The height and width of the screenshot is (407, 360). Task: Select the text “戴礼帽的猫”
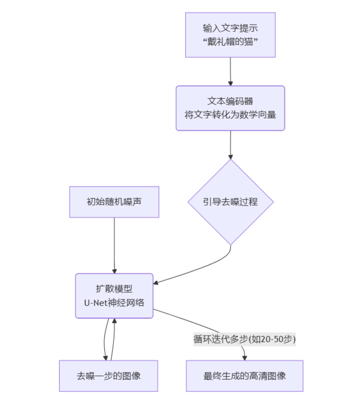tap(231, 42)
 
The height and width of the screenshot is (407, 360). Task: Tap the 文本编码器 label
tap(231, 101)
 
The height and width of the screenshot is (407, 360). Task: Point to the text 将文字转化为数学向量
tap(231, 114)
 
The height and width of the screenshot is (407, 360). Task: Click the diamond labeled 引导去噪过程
tap(231, 202)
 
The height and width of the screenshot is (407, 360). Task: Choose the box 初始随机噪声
tap(114, 202)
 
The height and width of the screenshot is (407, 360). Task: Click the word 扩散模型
tap(114, 289)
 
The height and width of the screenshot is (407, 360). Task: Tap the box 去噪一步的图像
tap(108, 376)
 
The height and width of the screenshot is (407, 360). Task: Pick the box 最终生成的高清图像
tap(244, 376)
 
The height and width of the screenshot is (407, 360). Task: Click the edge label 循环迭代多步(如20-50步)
tap(244, 339)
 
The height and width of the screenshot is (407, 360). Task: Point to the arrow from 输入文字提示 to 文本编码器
tap(231, 71)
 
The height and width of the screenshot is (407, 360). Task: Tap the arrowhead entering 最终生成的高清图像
tap(244, 357)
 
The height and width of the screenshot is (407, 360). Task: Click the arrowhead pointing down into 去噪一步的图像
tap(105, 357)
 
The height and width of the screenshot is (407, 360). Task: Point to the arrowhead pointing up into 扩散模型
tap(114, 322)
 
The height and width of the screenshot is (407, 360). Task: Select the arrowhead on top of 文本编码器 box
tap(231, 83)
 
